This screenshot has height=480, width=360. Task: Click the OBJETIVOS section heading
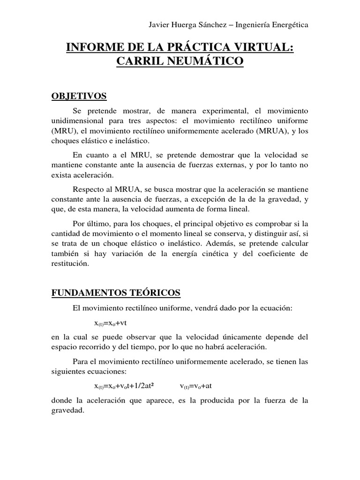(79, 97)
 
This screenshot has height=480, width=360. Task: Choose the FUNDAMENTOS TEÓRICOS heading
(115, 292)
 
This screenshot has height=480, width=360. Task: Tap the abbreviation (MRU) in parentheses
(62, 132)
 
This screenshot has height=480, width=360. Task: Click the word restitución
(69, 264)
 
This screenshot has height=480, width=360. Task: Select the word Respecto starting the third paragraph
(89, 189)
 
